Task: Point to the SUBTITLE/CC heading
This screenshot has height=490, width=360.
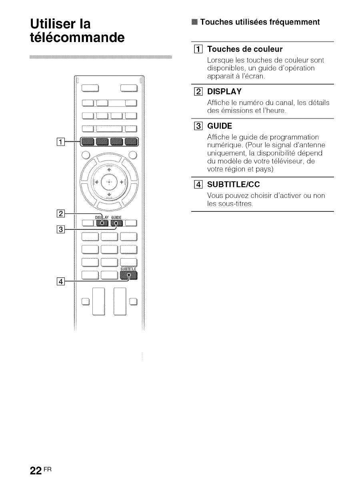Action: pos(234,185)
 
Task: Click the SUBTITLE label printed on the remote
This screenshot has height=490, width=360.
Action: pos(128,269)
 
